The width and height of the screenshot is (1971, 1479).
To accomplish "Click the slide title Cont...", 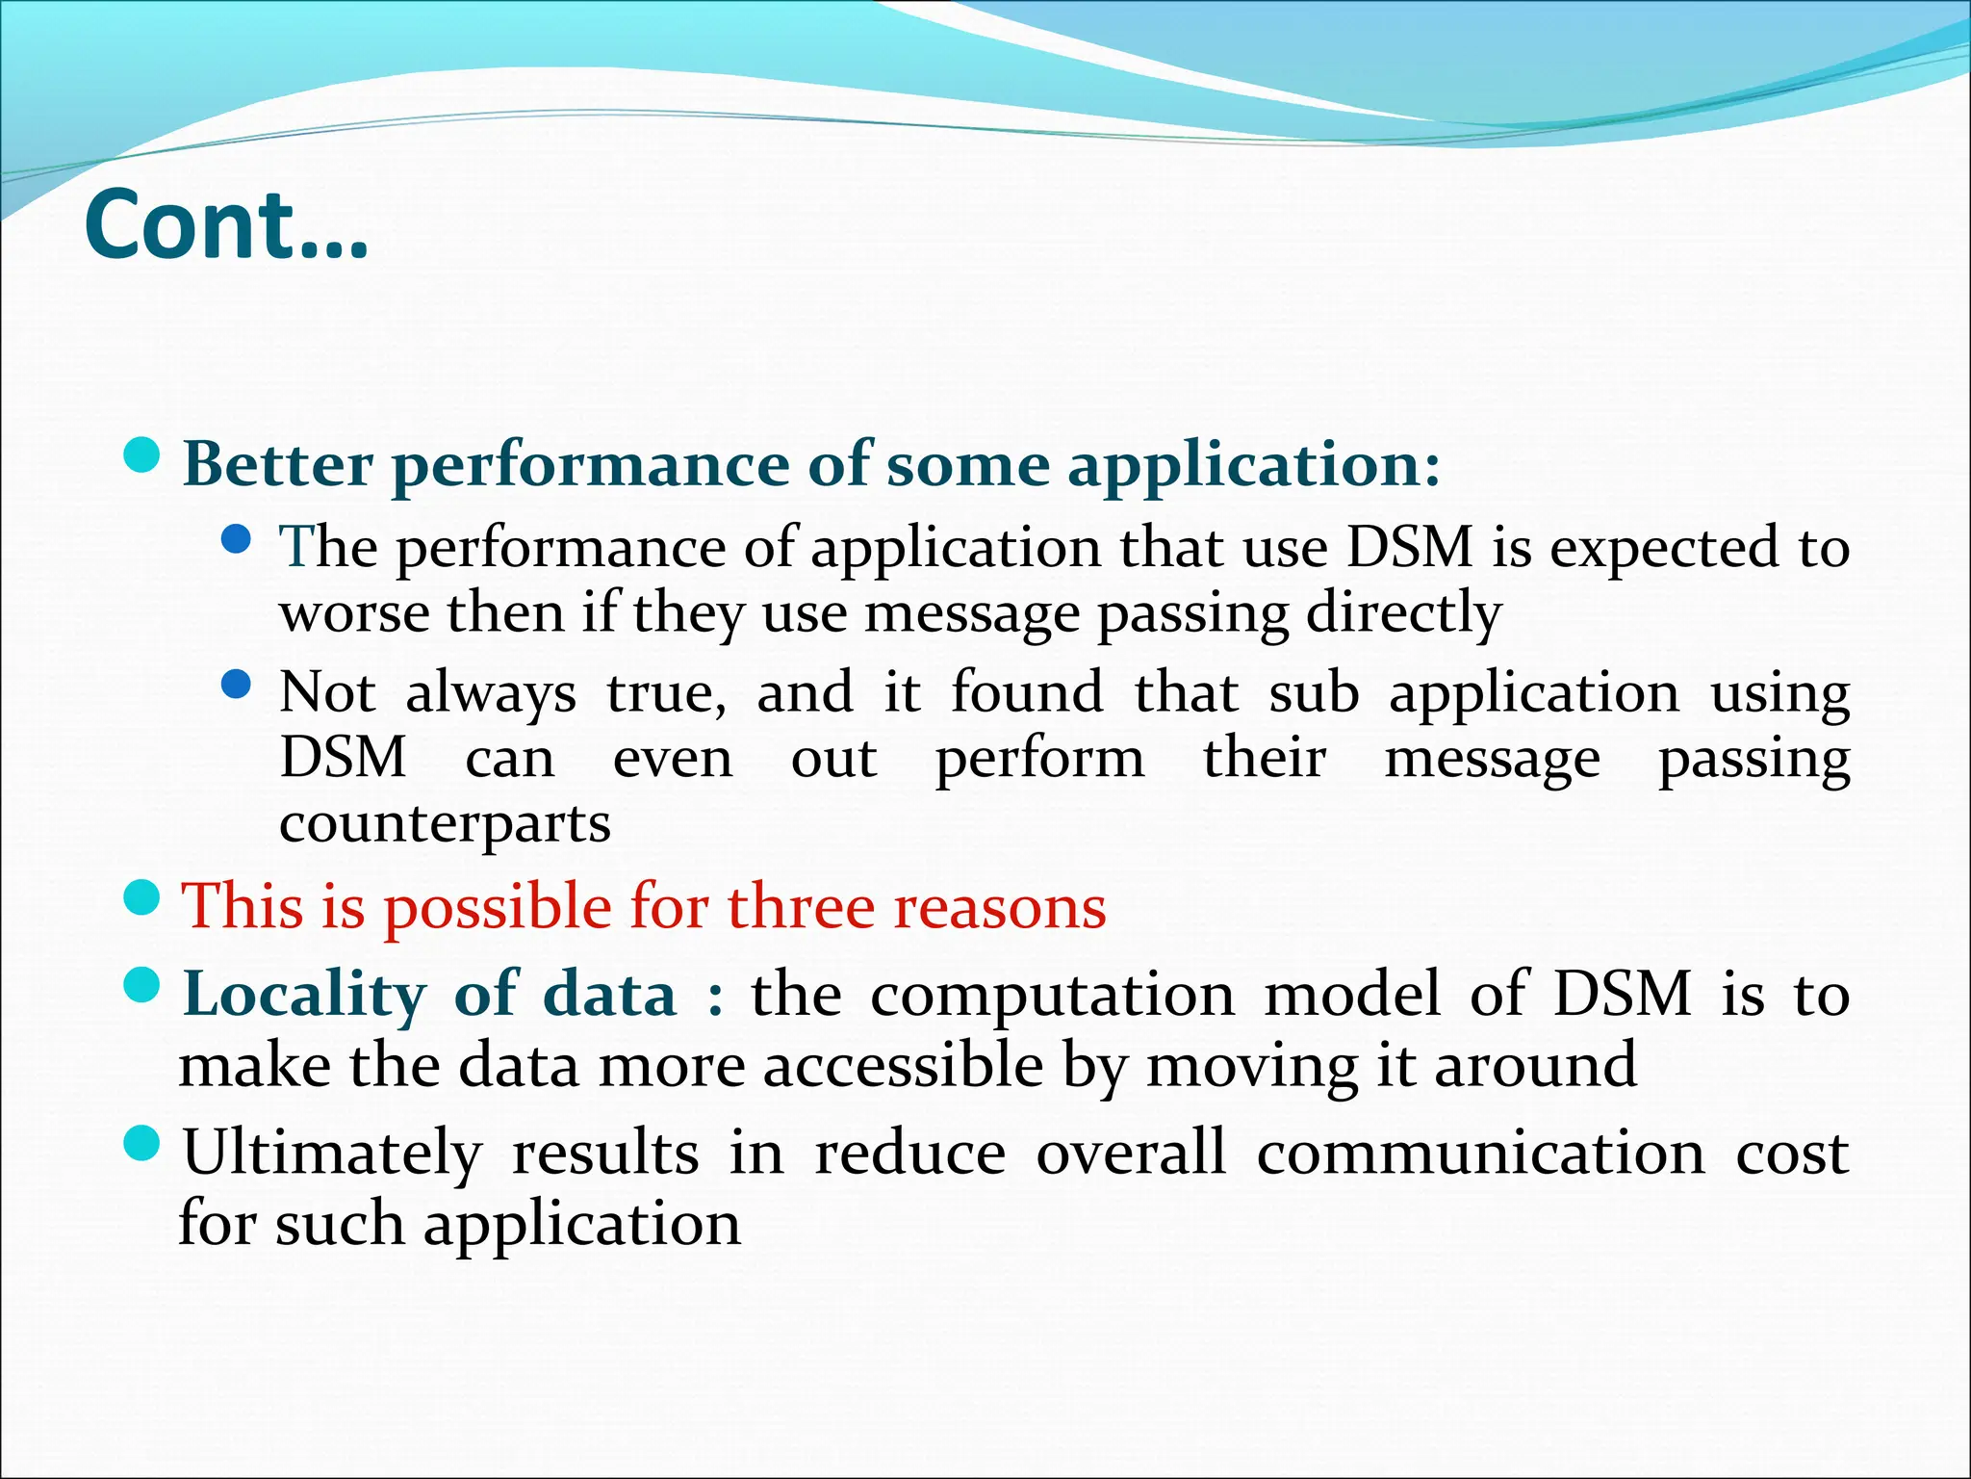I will pyautogui.click(x=226, y=226).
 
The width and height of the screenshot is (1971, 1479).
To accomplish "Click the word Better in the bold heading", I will pyautogui.click(x=277, y=465).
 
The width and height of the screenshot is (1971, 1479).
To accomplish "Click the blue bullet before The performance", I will pyautogui.click(x=236, y=540).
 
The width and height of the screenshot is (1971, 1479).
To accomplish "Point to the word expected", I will pyautogui.click(x=1664, y=549).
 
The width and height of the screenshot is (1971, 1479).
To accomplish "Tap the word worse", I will pyautogui.click(x=353, y=614).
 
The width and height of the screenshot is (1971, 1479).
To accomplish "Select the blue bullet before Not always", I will pyautogui.click(x=236, y=685).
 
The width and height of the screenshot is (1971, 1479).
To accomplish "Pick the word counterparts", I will pyautogui.click(x=445, y=824).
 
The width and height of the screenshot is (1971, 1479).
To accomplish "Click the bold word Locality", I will pyautogui.click(x=304, y=995).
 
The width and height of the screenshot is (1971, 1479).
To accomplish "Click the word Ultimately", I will pyautogui.click(x=332, y=1154).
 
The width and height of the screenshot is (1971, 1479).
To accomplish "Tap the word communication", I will pyautogui.click(x=1480, y=1154).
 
